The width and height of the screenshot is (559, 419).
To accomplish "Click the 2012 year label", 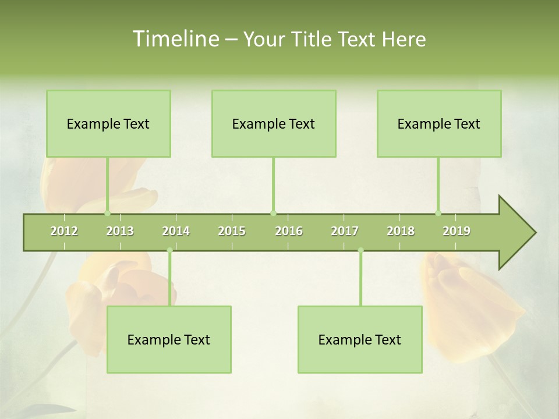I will coord(64,231).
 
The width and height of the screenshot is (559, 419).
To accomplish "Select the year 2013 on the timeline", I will coord(120,231).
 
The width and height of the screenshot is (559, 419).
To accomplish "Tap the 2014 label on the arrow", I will coord(176,231).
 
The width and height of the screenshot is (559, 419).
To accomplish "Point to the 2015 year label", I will coord(232,231).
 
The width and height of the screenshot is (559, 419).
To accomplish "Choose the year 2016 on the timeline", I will coord(289,231).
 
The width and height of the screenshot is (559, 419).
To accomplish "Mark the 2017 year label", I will coord(345,231).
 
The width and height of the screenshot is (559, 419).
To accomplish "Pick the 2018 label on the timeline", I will coord(401,231).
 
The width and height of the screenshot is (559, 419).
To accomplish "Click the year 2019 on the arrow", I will coord(457,231).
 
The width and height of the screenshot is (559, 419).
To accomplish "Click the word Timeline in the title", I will coord(175,39).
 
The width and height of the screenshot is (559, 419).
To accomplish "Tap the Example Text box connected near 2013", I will coord(108,124).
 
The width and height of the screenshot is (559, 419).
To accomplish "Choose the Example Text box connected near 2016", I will coord(274,124).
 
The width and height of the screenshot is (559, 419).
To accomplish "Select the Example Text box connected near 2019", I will coord(439,124).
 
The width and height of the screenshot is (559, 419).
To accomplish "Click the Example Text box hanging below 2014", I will coord(169,340).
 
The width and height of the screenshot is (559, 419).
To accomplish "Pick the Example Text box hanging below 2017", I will coord(360,340).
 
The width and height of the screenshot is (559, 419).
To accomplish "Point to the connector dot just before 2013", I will coord(107,213).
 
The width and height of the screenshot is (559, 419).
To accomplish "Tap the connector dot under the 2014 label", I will coord(169,250).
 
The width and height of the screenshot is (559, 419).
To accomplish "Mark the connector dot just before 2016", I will coord(273,213).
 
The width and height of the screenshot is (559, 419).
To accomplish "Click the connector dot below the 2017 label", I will coord(360,250).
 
